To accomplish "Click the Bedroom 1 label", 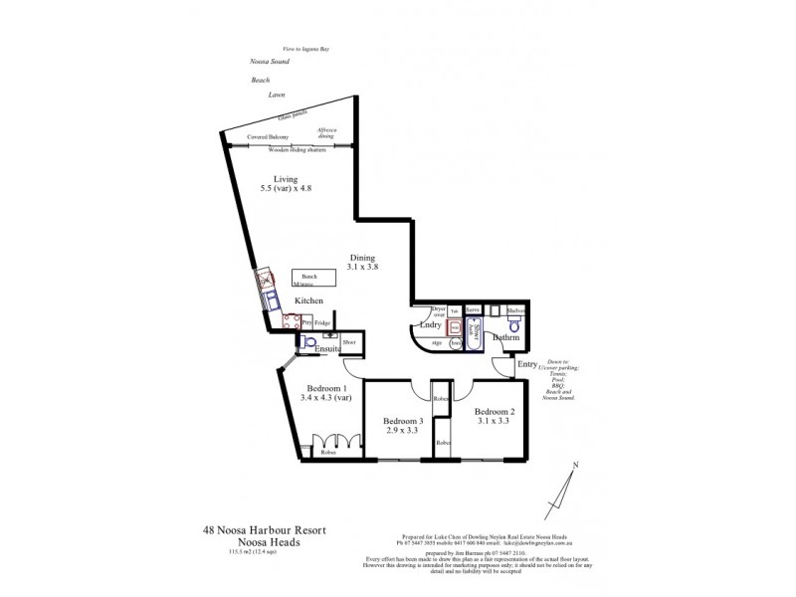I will click(x=326, y=388).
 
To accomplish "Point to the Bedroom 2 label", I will click(x=494, y=412).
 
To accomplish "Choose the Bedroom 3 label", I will click(x=403, y=421).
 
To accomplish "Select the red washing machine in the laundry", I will click(x=455, y=327).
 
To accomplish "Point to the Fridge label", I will click(x=322, y=323).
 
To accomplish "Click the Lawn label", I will click(x=277, y=95).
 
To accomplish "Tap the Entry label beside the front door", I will click(x=526, y=365).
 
